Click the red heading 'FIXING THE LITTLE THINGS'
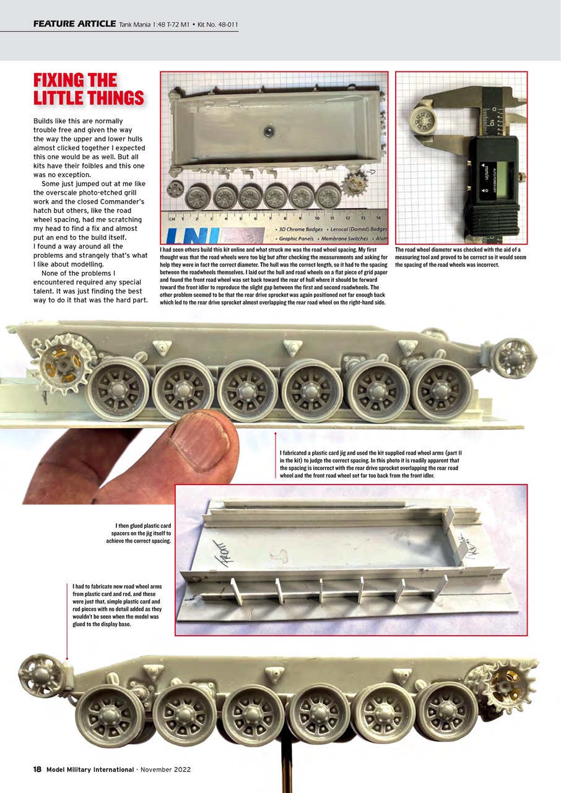(x=88, y=89)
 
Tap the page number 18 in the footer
(x=37, y=769)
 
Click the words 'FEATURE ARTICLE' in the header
(x=74, y=24)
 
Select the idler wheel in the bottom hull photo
(x=41, y=675)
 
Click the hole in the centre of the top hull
(x=268, y=131)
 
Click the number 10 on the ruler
(x=317, y=218)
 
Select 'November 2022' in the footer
(x=165, y=769)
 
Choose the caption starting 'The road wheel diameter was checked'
(x=460, y=257)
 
